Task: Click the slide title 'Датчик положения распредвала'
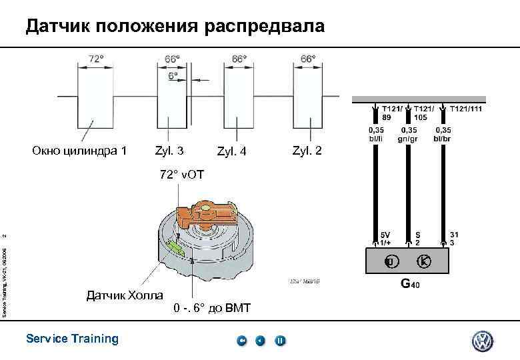(x=175, y=27)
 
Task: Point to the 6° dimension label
(x=173, y=76)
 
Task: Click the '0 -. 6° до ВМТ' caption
(x=211, y=308)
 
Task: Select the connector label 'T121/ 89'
(x=393, y=111)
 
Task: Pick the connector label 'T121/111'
(x=467, y=107)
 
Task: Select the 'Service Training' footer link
(x=72, y=339)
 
